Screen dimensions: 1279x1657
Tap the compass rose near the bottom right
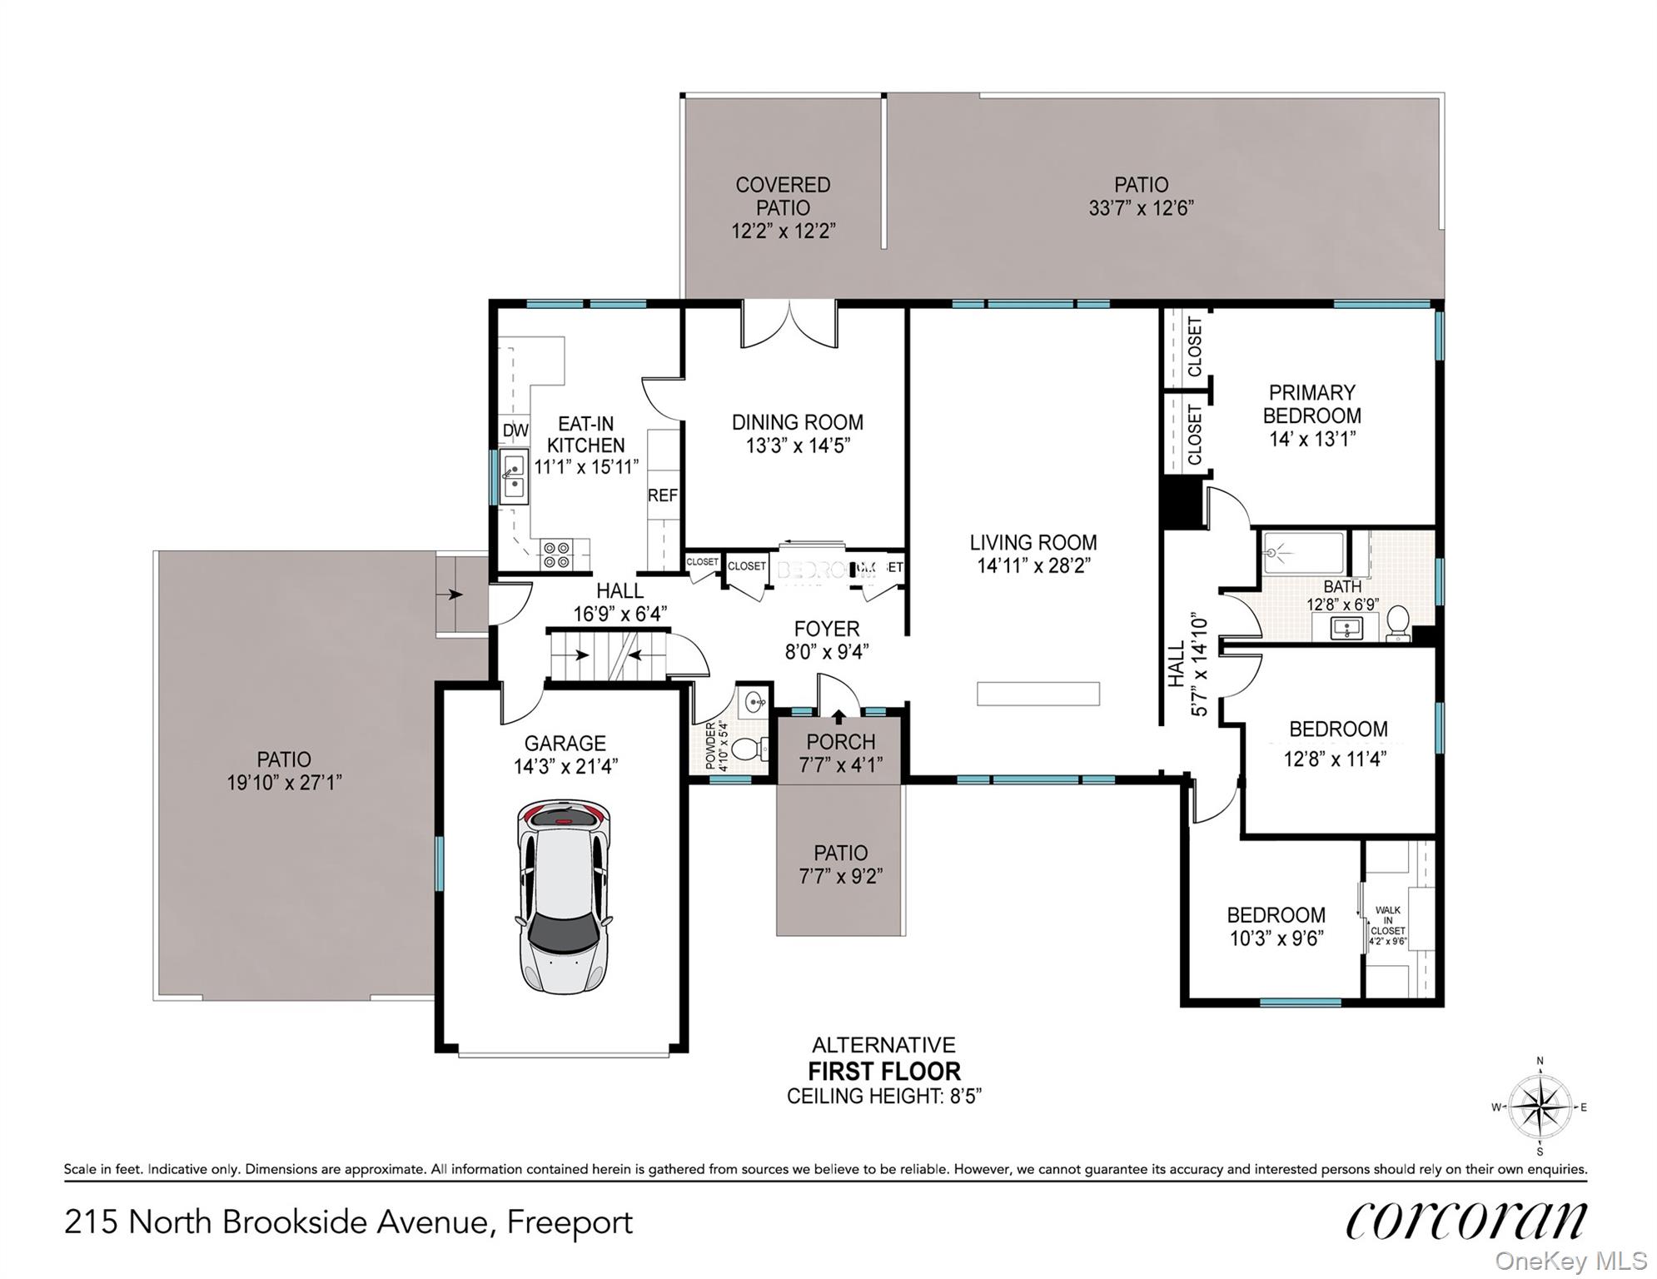click(x=1540, y=1107)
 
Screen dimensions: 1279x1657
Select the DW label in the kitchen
click(x=515, y=430)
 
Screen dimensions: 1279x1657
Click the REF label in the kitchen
click(x=663, y=495)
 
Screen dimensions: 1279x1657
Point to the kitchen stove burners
click(x=555, y=555)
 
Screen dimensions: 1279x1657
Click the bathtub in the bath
click(x=1303, y=552)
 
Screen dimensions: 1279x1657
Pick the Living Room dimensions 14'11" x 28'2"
click(x=1033, y=566)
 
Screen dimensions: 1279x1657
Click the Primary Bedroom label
click(x=1311, y=404)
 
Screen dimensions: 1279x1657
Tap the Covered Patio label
click(x=783, y=197)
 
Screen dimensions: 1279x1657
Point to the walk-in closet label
click(x=1388, y=921)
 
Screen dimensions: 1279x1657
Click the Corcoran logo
click(x=1465, y=1221)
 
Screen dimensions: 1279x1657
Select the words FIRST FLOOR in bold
click(x=884, y=1071)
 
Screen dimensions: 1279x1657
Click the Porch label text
click(x=840, y=741)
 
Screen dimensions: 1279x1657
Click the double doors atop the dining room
click(x=789, y=325)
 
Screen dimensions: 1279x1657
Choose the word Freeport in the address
click(x=570, y=1222)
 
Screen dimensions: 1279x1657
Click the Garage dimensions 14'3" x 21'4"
click(x=565, y=766)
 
